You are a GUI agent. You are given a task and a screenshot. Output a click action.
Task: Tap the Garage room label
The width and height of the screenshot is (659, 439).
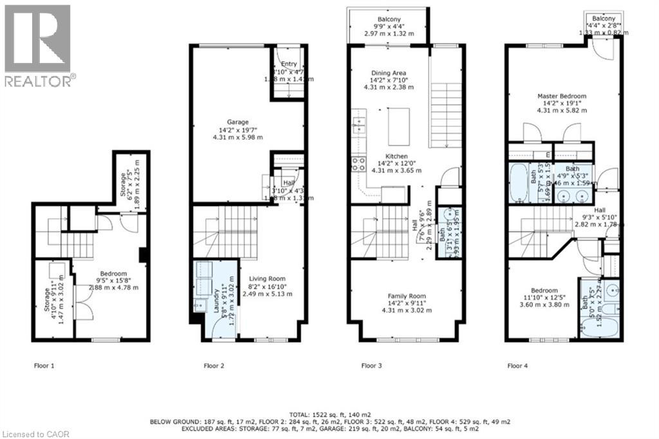[x=237, y=122]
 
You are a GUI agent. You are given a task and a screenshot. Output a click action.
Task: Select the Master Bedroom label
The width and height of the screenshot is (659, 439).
[x=562, y=96]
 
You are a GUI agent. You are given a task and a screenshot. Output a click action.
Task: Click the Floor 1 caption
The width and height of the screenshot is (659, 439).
[x=44, y=366]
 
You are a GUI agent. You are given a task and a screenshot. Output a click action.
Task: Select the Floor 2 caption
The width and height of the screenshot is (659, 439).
[x=214, y=366]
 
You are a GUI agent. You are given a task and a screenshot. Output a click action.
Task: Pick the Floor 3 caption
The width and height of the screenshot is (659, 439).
[x=371, y=366]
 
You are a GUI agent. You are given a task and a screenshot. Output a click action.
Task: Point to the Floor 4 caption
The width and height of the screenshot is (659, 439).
[x=517, y=366]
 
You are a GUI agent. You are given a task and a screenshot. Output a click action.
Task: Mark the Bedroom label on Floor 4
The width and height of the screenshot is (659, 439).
[x=544, y=290]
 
